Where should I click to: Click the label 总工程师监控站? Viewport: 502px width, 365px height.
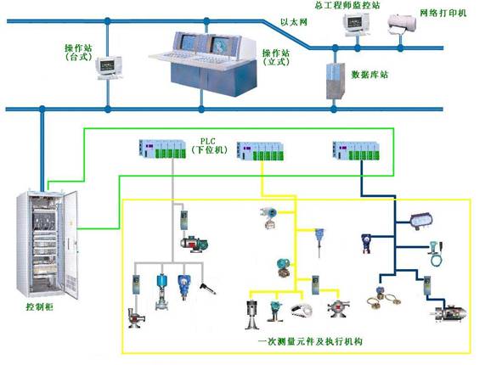(347, 5)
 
